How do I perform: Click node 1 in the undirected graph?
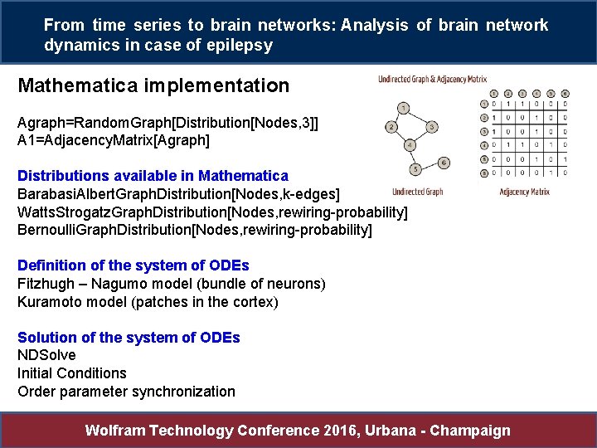(x=402, y=108)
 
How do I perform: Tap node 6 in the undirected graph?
(x=444, y=162)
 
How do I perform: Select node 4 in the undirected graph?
(x=410, y=145)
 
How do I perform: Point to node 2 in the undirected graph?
(x=390, y=127)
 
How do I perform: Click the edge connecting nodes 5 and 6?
(x=430, y=166)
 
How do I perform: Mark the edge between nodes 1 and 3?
(x=418, y=118)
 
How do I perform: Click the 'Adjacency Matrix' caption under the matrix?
(x=524, y=192)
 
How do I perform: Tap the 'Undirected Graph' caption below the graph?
(x=417, y=192)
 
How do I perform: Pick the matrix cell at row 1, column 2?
(x=508, y=105)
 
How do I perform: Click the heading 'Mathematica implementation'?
(x=153, y=85)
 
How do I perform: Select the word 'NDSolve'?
(x=46, y=355)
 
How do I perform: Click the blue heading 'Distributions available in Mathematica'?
(x=153, y=176)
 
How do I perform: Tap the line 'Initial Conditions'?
(x=72, y=373)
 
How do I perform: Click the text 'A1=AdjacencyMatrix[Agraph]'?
(x=114, y=140)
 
